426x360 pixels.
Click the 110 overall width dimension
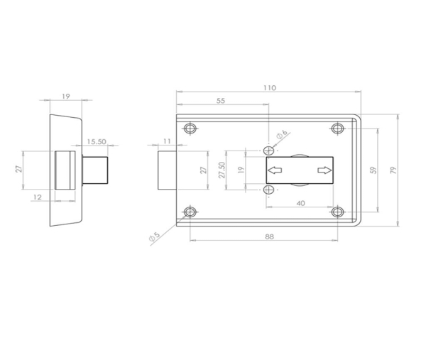(x=268, y=88)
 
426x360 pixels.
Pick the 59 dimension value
(x=373, y=170)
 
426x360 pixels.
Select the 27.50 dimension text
(x=222, y=170)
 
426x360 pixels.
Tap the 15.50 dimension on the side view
(x=97, y=141)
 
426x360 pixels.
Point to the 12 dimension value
(x=38, y=197)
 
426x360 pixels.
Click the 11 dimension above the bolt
(x=167, y=141)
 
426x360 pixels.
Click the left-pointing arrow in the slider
(x=275, y=170)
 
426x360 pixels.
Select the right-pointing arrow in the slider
(x=324, y=170)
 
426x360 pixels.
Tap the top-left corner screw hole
(x=189, y=129)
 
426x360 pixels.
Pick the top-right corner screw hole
(x=338, y=129)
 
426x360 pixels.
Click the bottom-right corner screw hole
(x=338, y=212)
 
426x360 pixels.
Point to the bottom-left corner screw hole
(x=189, y=212)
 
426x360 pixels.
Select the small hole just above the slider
(x=268, y=151)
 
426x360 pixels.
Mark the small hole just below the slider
(x=268, y=190)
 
